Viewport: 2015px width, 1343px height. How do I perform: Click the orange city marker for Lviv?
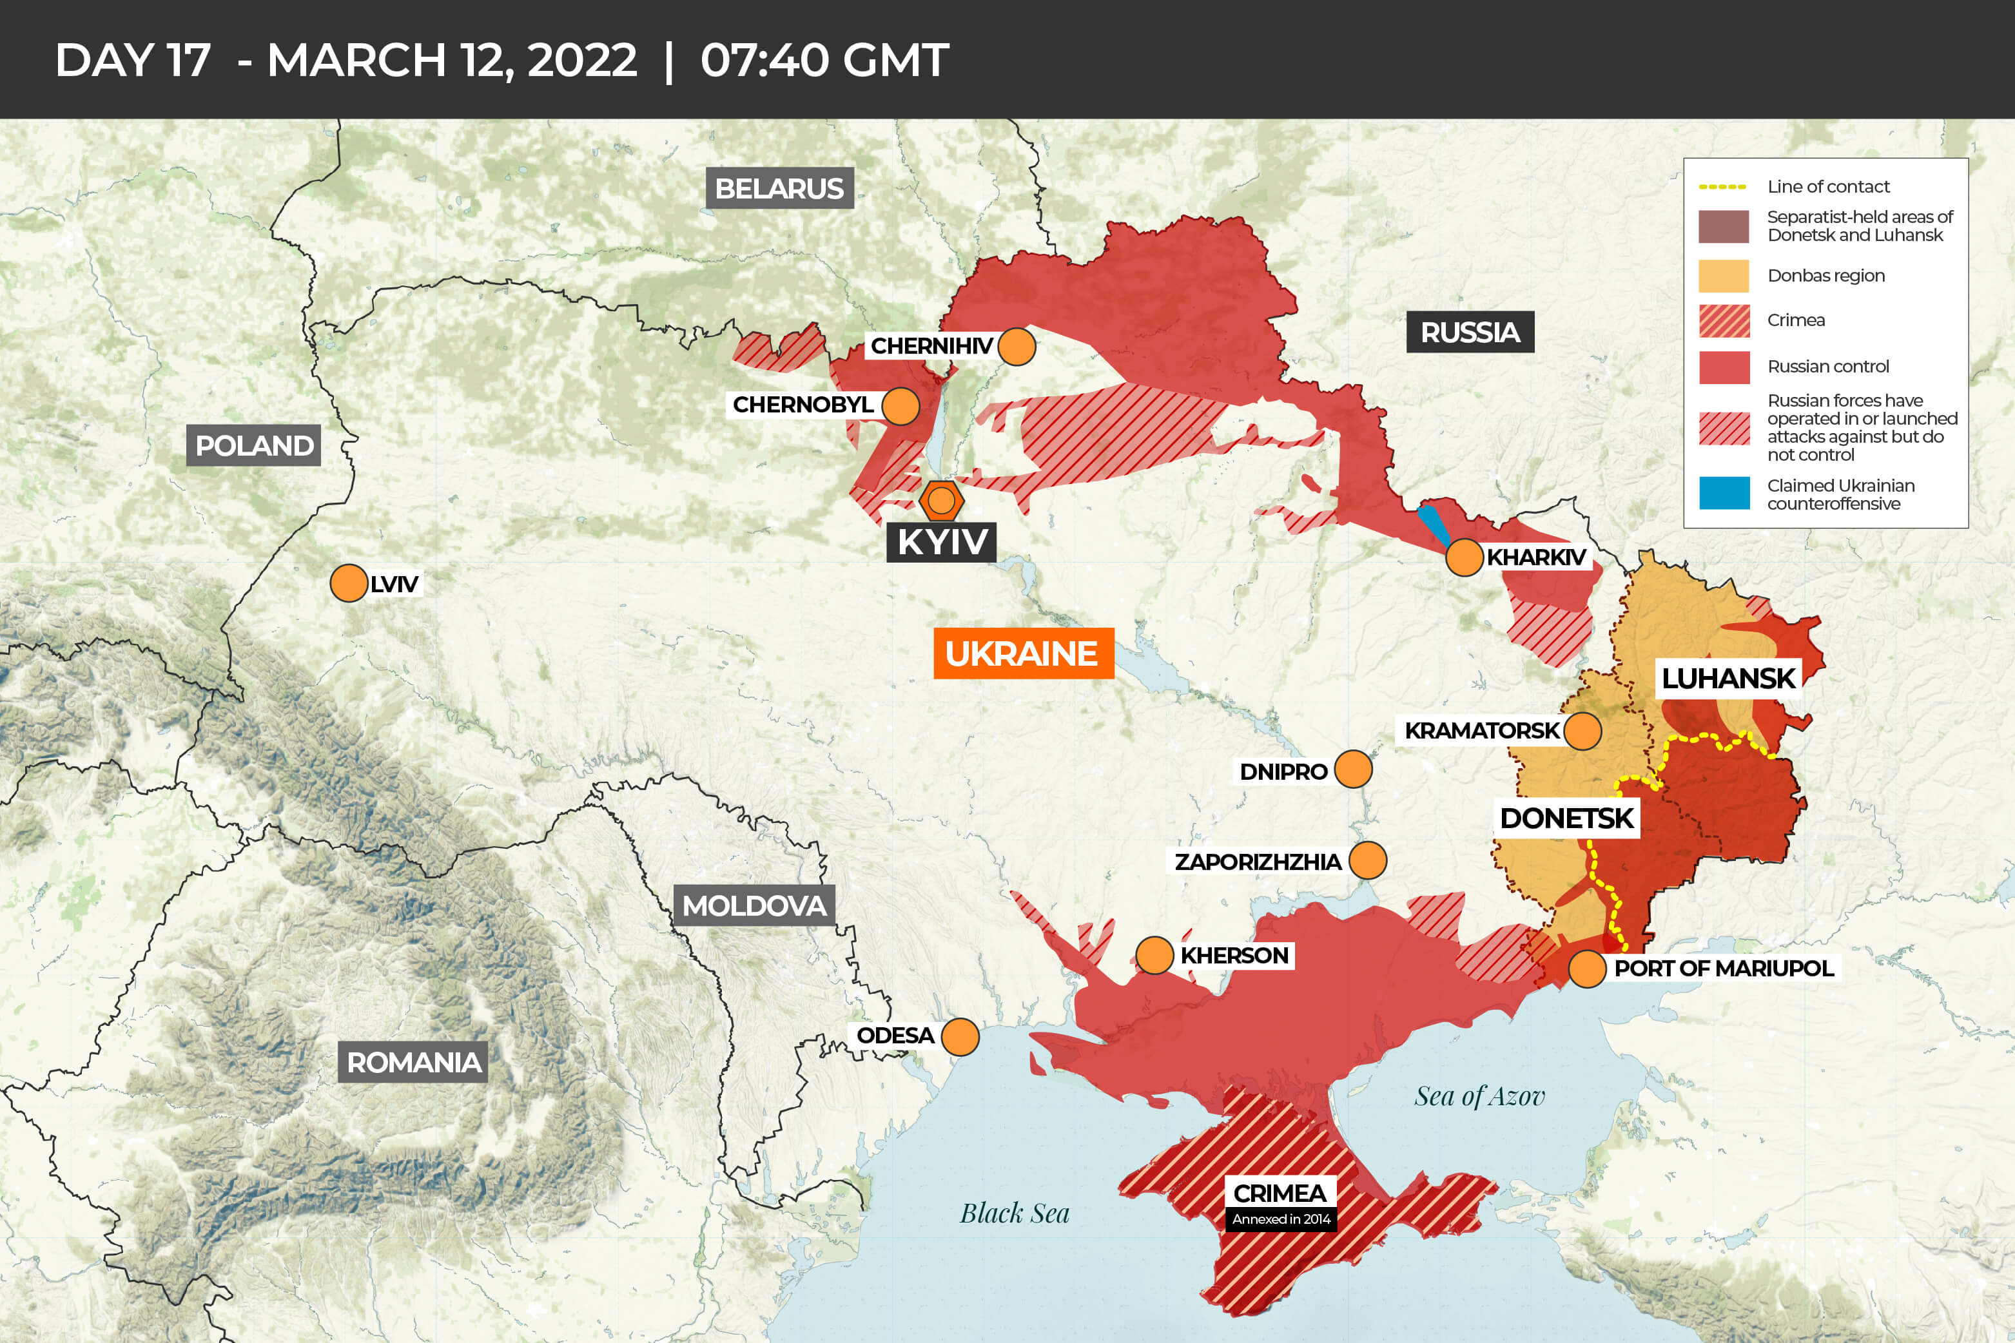click(x=349, y=583)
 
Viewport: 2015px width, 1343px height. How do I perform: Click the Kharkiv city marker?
click(x=1464, y=557)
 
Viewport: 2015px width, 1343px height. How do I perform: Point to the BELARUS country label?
click(x=779, y=188)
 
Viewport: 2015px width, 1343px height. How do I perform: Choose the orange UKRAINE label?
click(x=1022, y=653)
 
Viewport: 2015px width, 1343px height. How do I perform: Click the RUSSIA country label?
click(x=1470, y=333)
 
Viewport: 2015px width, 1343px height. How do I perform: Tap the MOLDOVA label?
click(x=754, y=905)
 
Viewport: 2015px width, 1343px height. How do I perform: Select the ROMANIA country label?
click(x=413, y=1062)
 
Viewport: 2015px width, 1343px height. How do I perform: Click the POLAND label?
click(x=253, y=445)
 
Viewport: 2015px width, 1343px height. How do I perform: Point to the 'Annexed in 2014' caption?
click(x=1281, y=1219)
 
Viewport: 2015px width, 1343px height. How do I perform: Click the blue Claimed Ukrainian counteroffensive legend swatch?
click(x=1724, y=494)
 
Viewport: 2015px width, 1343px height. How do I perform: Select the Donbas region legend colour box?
click(x=1724, y=276)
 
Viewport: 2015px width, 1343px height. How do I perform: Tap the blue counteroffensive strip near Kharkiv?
click(x=1434, y=524)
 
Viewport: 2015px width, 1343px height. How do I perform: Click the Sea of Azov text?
click(x=1479, y=1096)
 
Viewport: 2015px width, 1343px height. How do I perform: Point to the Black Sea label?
click(x=1015, y=1213)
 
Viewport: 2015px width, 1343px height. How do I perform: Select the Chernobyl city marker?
click(x=900, y=405)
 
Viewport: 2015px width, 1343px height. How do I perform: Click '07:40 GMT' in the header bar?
click(x=824, y=60)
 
